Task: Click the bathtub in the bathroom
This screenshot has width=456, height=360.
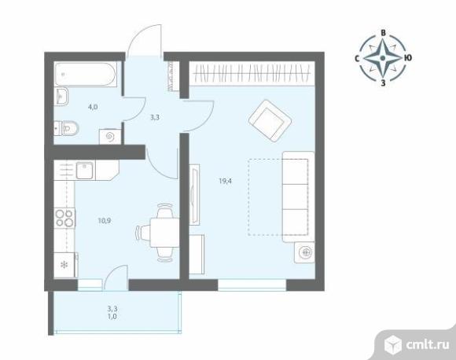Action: pyautogui.click(x=86, y=74)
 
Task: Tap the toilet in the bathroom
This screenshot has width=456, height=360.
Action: pyautogui.click(x=67, y=128)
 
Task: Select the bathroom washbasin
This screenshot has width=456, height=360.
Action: pyautogui.click(x=61, y=96)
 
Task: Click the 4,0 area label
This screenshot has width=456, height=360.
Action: pyautogui.click(x=93, y=107)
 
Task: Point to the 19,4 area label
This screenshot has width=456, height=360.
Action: pyautogui.click(x=226, y=181)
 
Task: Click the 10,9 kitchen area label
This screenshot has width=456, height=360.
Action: pyautogui.click(x=104, y=221)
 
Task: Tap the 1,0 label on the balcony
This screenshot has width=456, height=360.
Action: pyautogui.click(x=112, y=317)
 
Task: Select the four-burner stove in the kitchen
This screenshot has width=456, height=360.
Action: pyautogui.click(x=64, y=218)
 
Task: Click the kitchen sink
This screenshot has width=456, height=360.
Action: pyautogui.click(x=85, y=171)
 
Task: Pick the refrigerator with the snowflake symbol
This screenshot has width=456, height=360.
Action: pyautogui.click(x=65, y=265)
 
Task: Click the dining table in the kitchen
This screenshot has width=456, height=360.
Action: pyautogui.click(x=164, y=233)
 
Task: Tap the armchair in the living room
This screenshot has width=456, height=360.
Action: pyautogui.click(x=270, y=121)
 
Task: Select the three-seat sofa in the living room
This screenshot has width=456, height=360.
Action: pyautogui.click(x=299, y=197)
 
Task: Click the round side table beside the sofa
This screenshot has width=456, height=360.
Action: pyautogui.click(x=304, y=252)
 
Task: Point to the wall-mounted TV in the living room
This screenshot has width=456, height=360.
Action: pyautogui.click(x=194, y=194)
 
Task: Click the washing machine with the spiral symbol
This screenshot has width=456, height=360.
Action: pyautogui.click(x=110, y=137)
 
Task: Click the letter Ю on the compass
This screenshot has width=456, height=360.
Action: pyautogui.click(x=408, y=58)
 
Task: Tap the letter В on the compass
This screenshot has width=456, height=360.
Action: pyautogui.click(x=384, y=33)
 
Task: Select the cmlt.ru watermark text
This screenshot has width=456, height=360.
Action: pyautogui.click(x=428, y=344)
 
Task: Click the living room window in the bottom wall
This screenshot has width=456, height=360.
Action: pyautogui.click(x=252, y=285)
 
